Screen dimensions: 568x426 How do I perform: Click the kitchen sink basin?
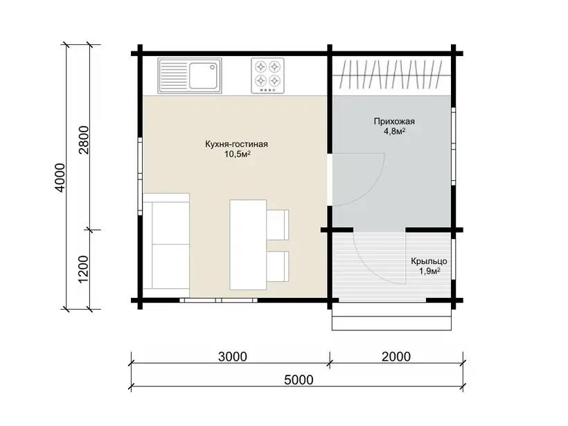[203, 76]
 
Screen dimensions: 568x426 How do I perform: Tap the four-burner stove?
[267, 76]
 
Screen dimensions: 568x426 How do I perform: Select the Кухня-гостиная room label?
[236, 144]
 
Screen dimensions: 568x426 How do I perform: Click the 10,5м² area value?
[238, 154]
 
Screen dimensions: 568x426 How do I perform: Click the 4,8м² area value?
[395, 131]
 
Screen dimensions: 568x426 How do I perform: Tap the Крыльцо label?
[429, 261]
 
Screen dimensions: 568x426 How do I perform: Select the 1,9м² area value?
[429, 271]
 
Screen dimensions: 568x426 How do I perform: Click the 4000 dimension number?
[59, 177]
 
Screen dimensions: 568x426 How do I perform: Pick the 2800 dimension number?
[83, 140]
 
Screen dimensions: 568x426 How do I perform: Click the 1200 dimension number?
[83, 269]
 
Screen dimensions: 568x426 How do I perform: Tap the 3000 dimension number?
[233, 357]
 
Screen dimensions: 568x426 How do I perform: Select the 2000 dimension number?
[396, 357]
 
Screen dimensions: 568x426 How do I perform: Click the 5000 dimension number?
[299, 380]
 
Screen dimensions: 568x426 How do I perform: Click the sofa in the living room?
[166, 241]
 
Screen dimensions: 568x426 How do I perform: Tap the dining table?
[248, 245]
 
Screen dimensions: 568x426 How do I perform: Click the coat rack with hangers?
[392, 75]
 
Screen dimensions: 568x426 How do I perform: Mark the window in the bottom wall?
[219, 301]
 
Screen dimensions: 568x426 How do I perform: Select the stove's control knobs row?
[267, 90]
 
